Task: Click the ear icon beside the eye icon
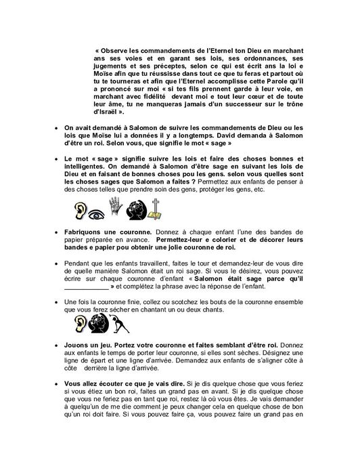[75, 211]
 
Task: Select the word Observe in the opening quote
[125, 53]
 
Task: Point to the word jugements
[116, 75]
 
